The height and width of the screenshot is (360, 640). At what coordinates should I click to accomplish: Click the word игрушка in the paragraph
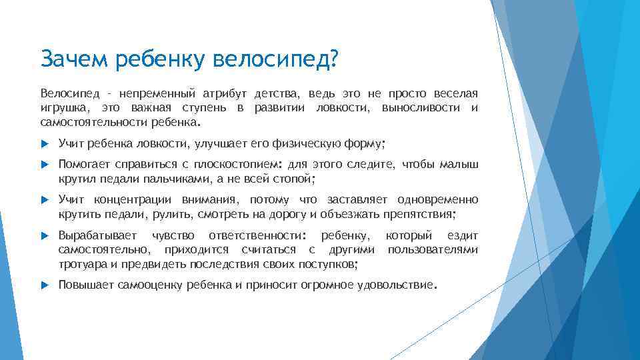[x=63, y=108]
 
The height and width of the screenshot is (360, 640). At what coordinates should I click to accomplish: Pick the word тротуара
[x=80, y=264]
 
